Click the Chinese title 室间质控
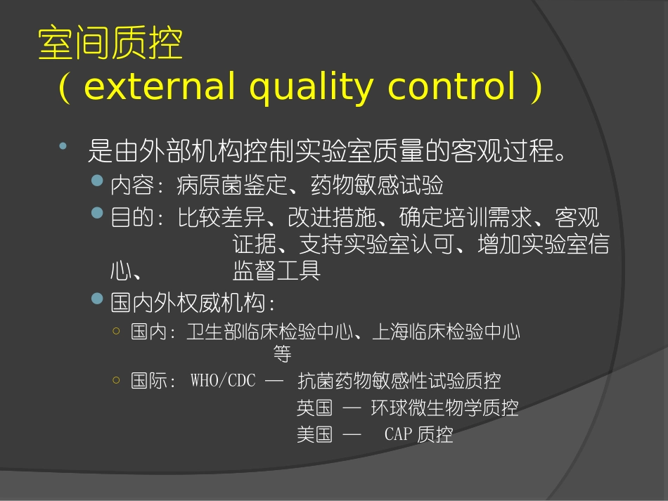point(110,44)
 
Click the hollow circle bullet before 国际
point(116,379)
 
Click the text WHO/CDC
point(223,381)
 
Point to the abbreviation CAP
point(399,434)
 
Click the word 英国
point(314,408)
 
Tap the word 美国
point(314,434)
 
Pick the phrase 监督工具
point(276,271)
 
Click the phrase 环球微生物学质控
point(444,408)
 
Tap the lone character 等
point(282,354)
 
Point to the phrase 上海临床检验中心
point(445,332)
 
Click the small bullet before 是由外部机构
point(63,145)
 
